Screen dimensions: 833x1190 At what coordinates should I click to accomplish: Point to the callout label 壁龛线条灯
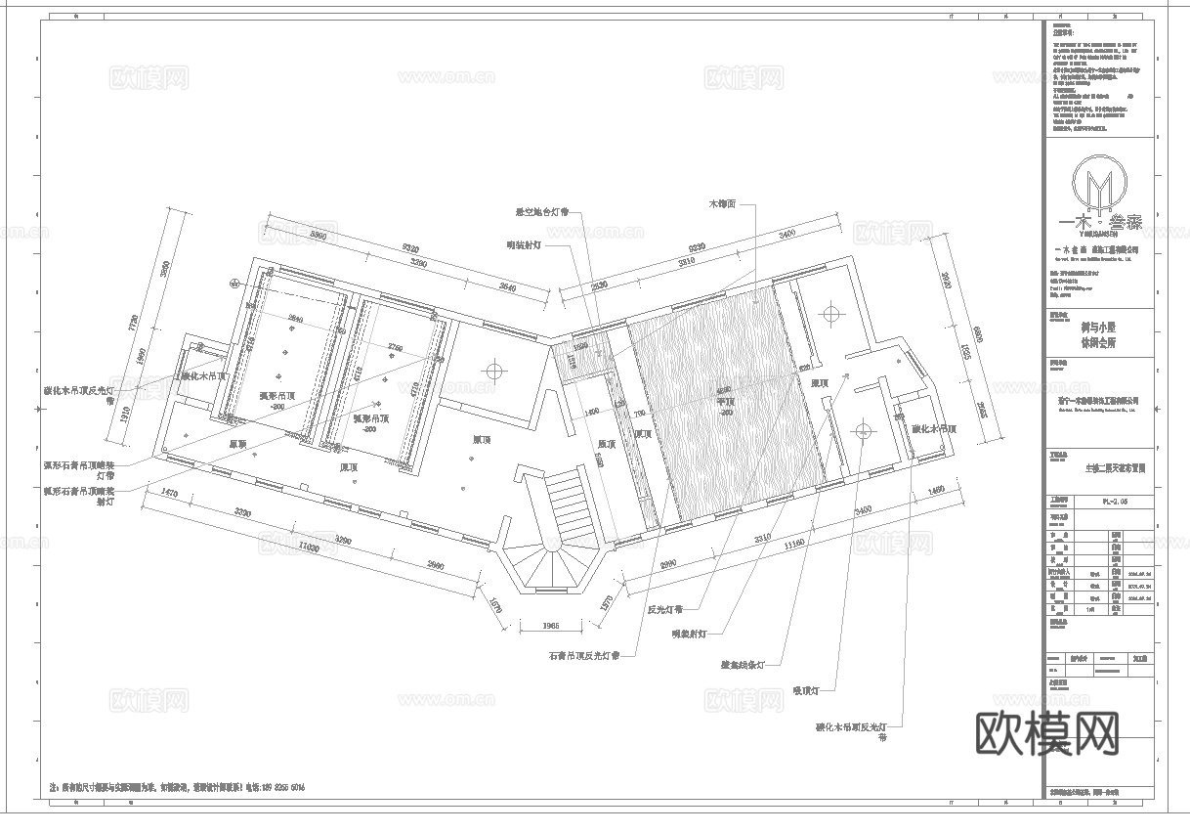[x=743, y=665]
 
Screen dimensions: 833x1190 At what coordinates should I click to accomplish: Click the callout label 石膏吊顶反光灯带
[x=583, y=657]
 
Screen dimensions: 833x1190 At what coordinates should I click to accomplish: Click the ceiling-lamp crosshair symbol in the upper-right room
[x=831, y=313]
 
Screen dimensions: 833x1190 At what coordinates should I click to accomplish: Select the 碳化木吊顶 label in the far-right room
[x=933, y=429]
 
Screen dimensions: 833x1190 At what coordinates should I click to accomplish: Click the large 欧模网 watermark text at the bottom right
[x=1047, y=731]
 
